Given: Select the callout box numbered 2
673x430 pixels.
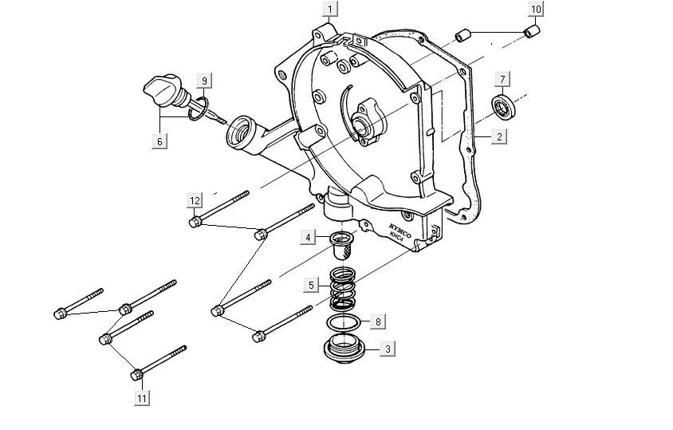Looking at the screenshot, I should (x=498, y=136).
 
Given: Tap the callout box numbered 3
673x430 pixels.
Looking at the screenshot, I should (x=388, y=349).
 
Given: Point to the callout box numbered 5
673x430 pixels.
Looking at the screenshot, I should (x=315, y=285).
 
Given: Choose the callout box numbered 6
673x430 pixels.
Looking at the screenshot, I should (x=159, y=141).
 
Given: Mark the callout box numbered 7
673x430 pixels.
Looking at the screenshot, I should (x=502, y=78).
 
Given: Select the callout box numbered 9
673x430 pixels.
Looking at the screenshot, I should (x=204, y=81).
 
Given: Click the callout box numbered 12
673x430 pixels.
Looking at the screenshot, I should (x=195, y=199).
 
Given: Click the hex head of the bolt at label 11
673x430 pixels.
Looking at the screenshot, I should (x=137, y=373).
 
